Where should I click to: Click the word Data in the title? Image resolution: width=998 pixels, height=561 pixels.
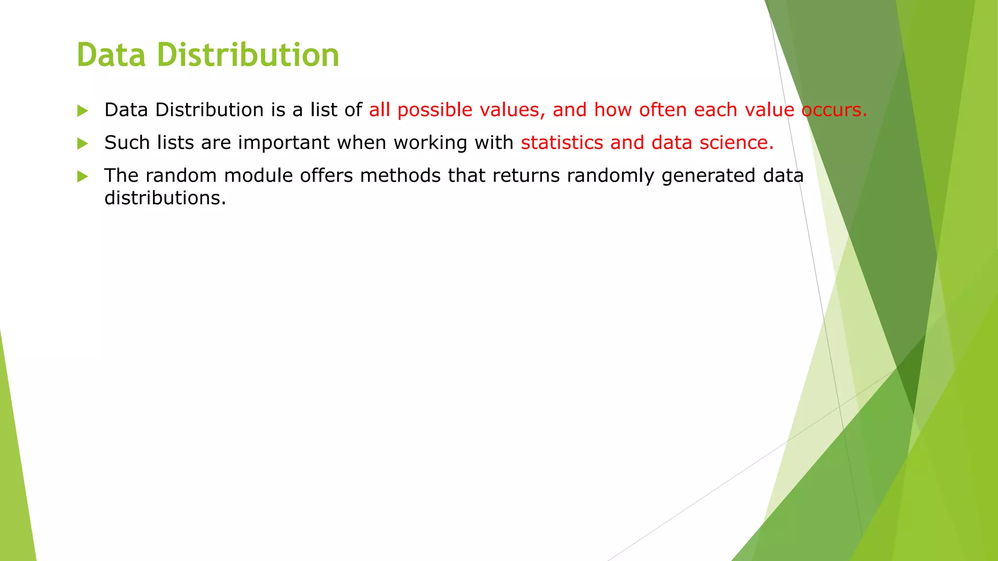click(x=111, y=55)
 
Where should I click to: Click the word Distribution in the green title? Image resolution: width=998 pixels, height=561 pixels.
click(x=248, y=55)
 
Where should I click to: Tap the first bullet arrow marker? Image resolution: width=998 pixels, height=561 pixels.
click(x=82, y=111)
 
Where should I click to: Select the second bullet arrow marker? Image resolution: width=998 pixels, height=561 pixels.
click(x=82, y=144)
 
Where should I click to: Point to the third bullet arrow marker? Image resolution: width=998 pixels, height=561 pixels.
click(x=82, y=176)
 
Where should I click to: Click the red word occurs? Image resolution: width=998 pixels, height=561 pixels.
click(x=834, y=110)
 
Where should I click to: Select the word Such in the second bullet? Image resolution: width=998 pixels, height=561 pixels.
click(x=127, y=143)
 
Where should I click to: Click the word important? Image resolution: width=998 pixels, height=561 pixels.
click(x=284, y=143)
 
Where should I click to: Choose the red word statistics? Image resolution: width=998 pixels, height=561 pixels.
click(x=562, y=143)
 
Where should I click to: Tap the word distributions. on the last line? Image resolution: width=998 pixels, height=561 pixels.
click(x=165, y=198)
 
